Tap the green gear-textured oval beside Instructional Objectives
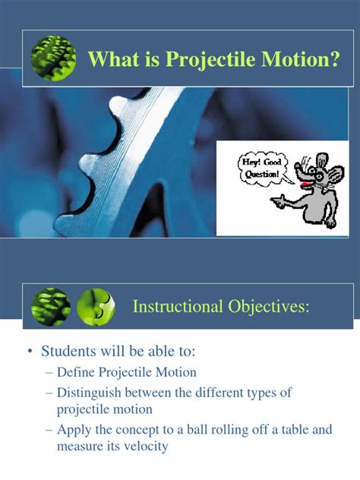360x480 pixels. click(51, 306)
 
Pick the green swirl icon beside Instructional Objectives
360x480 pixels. click(95, 306)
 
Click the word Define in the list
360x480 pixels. click(87, 372)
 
